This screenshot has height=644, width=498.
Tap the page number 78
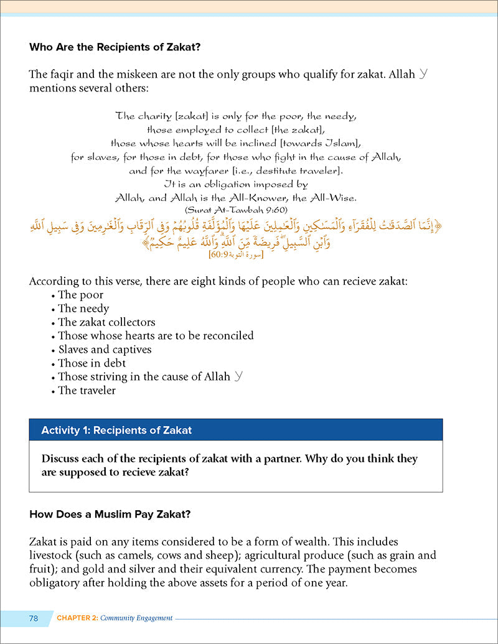33,618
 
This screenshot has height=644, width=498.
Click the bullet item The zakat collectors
106,322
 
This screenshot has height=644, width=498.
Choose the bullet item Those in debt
92,363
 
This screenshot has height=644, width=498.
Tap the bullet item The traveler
87,391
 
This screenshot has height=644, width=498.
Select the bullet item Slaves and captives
105,350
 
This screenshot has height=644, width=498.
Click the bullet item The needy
83,309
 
